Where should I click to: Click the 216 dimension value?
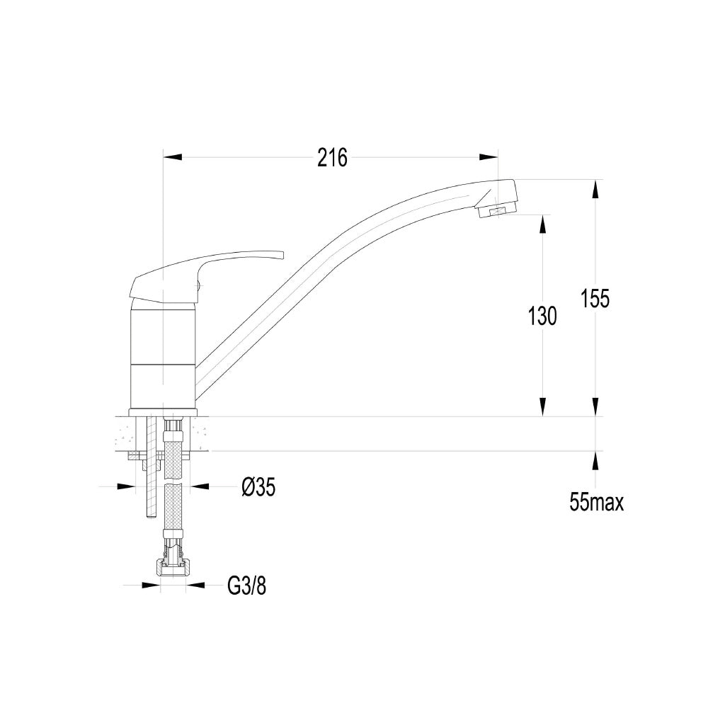click(x=332, y=158)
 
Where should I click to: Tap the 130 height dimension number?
click(x=542, y=316)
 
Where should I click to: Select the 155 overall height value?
click(x=595, y=298)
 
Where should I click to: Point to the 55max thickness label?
click(x=596, y=502)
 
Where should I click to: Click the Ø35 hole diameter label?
click(x=258, y=487)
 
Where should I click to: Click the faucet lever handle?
click(x=205, y=275)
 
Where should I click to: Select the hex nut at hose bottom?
click(x=173, y=568)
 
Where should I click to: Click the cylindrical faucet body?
click(x=163, y=356)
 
